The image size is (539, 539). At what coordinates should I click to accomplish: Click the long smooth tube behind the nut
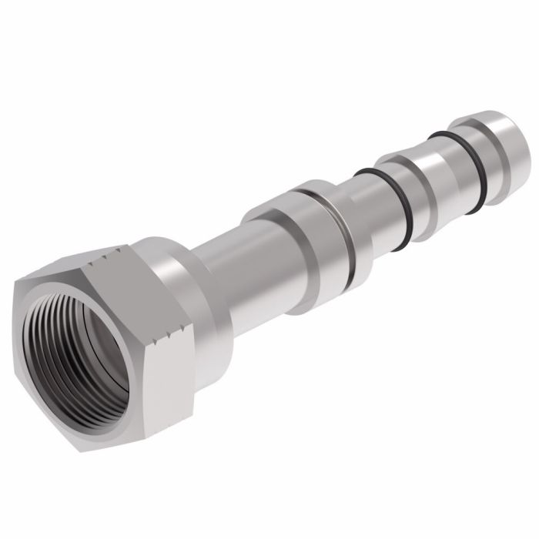[231, 269]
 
